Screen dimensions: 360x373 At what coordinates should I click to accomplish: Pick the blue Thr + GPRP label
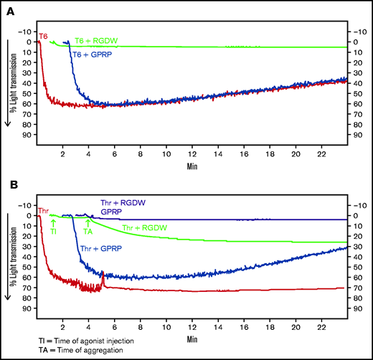click(x=100, y=248)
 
